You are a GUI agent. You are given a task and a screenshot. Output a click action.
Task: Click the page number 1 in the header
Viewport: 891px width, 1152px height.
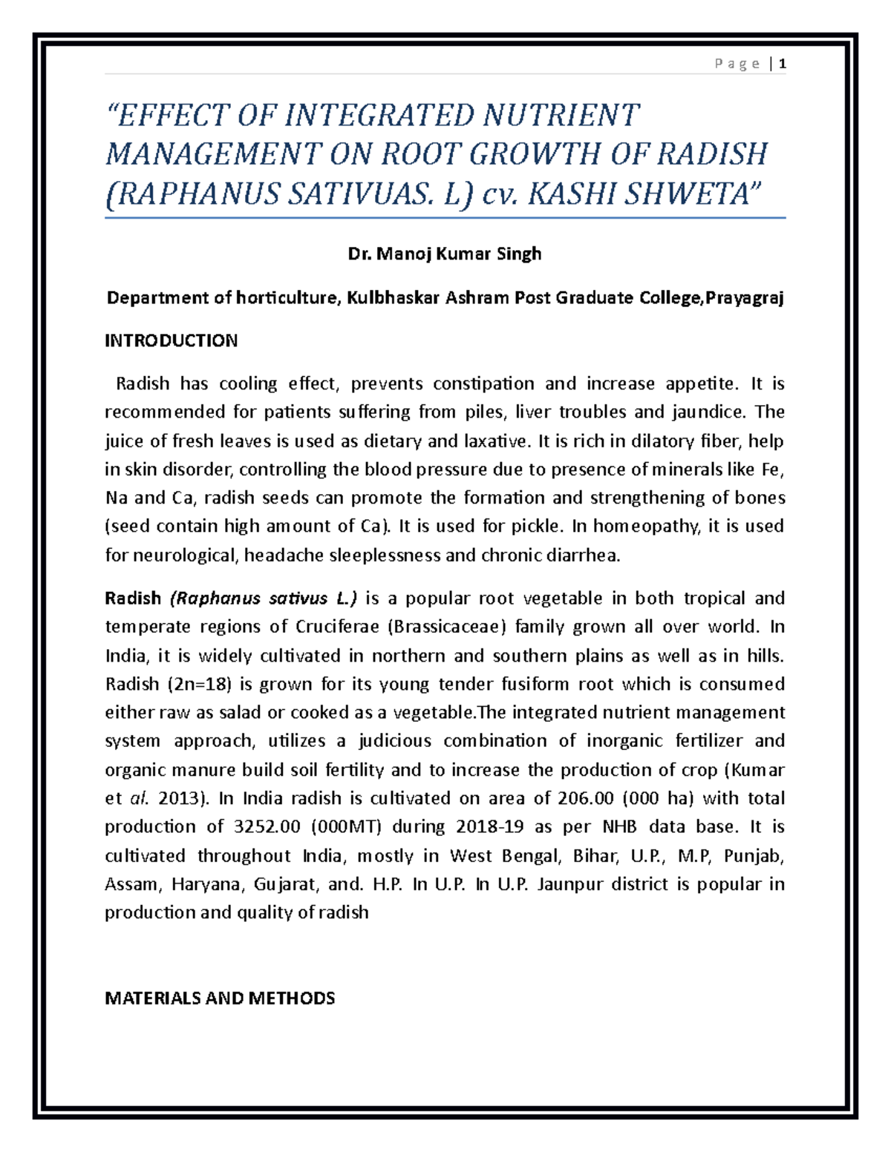pyautogui.click(x=783, y=64)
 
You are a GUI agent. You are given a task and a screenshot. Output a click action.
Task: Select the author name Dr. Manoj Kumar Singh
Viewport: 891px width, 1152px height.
pyautogui.click(x=445, y=254)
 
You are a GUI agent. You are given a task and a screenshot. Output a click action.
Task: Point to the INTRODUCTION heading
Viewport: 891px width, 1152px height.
pyautogui.click(x=171, y=340)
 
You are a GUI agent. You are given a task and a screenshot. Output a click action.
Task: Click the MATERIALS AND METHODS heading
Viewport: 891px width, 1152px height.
pyautogui.click(x=220, y=998)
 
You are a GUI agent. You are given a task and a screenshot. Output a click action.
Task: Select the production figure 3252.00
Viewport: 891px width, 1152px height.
pyautogui.click(x=267, y=826)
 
